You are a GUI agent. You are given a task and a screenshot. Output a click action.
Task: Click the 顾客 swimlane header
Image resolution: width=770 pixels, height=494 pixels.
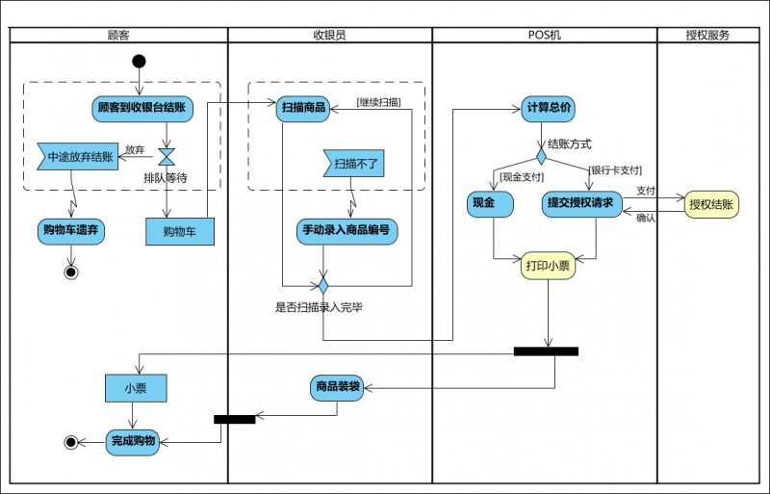pos(118,36)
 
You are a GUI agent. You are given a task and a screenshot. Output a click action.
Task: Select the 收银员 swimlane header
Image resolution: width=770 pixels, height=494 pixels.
pos(329,36)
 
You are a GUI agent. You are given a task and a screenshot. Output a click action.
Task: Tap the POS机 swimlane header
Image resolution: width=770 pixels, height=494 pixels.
pos(545,36)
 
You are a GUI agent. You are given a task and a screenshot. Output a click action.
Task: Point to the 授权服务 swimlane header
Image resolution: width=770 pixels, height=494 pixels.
pos(707,36)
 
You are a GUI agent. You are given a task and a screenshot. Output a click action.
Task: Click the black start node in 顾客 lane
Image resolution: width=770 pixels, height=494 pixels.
pos(139,62)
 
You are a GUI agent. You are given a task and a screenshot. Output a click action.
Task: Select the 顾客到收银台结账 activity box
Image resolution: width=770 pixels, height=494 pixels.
pos(142,107)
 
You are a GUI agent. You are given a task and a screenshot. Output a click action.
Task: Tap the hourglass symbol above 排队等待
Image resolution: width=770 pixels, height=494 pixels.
pos(167,156)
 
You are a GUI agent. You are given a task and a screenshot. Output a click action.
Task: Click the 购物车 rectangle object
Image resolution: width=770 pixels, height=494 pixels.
pos(180,231)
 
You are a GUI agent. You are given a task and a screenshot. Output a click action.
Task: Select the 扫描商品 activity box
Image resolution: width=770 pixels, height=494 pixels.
pos(303,107)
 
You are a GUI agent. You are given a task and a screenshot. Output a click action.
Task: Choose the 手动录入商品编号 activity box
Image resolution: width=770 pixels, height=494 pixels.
pos(346,230)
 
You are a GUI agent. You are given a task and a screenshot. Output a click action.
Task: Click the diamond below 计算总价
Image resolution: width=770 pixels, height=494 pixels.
pos(542,154)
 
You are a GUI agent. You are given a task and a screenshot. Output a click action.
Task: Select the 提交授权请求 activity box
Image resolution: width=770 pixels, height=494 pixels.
pos(580,203)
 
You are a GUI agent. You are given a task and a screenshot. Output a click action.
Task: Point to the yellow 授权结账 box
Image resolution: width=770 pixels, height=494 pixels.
pos(711,204)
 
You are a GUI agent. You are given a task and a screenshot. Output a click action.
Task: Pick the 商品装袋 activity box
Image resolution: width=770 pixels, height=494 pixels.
pos(337,387)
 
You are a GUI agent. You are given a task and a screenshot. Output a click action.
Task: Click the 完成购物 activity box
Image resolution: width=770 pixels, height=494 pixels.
pos(133,441)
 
